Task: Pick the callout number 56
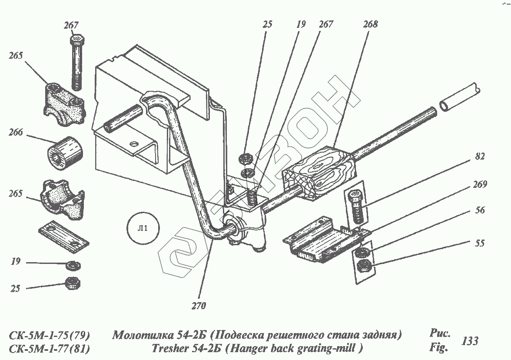(479, 211)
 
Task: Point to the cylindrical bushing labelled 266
(64, 152)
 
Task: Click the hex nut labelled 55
(364, 266)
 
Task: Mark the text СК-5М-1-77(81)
(50, 349)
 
